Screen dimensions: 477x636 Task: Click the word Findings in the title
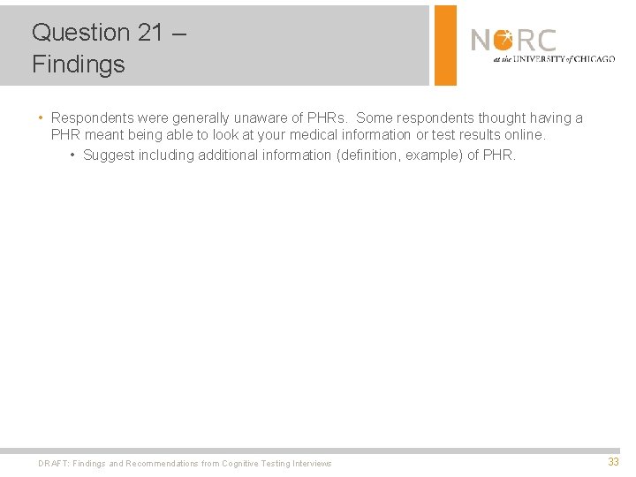pyautogui.click(x=79, y=64)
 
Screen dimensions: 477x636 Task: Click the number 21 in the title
pyautogui.click(x=150, y=33)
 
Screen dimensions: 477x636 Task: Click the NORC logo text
pyautogui.click(x=513, y=41)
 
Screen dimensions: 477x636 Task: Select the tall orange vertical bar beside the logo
pyautogui.click(x=446, y=45)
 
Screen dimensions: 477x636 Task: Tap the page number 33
pyautogui.click(x=613, y=462)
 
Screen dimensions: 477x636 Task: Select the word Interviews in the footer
pyautogui.click(x=311, y=464)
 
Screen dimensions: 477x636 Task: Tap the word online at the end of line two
pyautogui.click(x=526, y=135)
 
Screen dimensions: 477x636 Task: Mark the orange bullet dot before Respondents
pyautogui.click(x=41, y=117)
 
